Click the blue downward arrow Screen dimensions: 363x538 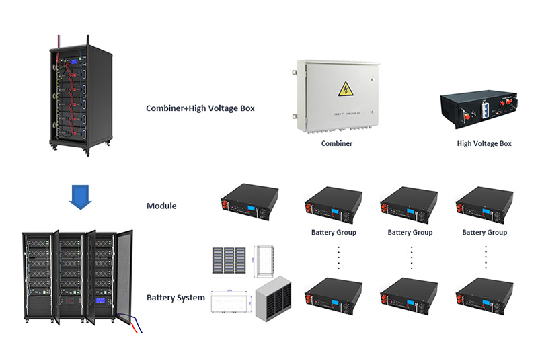80,197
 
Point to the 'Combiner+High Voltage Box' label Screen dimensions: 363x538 200,108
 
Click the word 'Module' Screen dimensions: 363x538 161,206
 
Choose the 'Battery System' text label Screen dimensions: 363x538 176,297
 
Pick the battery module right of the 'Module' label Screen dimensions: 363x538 249,202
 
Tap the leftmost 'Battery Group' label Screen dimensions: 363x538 334,233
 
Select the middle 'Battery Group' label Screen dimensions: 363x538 410,233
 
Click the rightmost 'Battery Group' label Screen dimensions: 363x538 484,233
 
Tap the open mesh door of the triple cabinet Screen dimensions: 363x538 123,276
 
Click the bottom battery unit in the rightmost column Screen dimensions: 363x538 484,296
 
